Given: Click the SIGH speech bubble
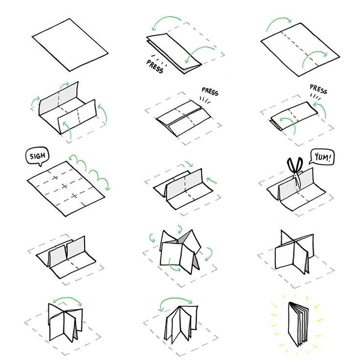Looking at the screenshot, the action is tap(37, 156).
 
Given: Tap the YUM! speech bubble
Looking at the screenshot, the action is tap(322, 157).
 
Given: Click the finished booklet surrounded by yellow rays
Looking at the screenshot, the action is tap(298, 324).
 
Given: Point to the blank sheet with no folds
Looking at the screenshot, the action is tap(70, 45).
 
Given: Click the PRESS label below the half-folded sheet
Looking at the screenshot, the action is tap(155, 66).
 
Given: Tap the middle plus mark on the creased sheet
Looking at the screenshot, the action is tap(65, 186).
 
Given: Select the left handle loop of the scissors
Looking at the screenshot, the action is tap(291, 164).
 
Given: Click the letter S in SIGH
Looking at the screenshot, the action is tap(32, 157).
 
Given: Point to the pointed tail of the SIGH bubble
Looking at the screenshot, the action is tap(41, 165).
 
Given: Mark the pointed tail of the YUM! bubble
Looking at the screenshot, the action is tap(311, 163).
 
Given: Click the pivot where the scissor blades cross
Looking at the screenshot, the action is tap(295, 175).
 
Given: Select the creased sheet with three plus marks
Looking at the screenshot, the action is tap(66, 189).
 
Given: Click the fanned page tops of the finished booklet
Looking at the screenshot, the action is tap(299, 307).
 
